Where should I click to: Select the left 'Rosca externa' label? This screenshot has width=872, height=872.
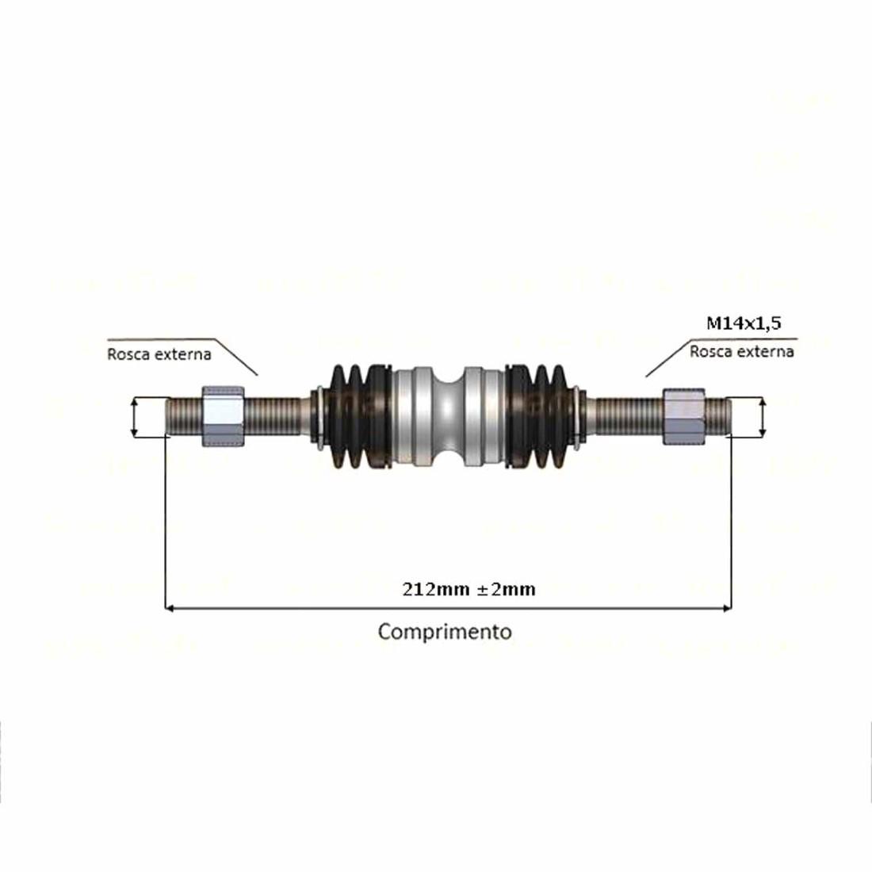pyautogui.click(x=159, y=354)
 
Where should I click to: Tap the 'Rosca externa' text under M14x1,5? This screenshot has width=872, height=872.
pyautogui.click(x=741, y=351)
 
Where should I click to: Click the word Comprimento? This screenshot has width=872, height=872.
pyautogui.click(x=444, y=632)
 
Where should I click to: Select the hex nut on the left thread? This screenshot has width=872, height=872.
pyautogui.click(x=224, y=416)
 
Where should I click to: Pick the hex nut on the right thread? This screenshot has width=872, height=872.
pyautogui.click(x=683, y=416)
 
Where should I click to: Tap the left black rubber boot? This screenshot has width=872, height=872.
pyautogui.click(x=357, y=416)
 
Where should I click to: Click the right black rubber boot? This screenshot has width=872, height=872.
pyautogui.click(x=543, y=416)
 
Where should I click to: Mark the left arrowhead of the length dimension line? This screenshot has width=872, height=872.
pyautogui.click(x=169, y=609)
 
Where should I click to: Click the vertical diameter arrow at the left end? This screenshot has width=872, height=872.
pyautogui.click(x=135, y=417)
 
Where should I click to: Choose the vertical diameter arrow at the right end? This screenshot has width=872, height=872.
pyautogui.click(x=763, y=417)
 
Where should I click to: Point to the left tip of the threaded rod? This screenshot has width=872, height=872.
pyautogui.click(x=169, y=416)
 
